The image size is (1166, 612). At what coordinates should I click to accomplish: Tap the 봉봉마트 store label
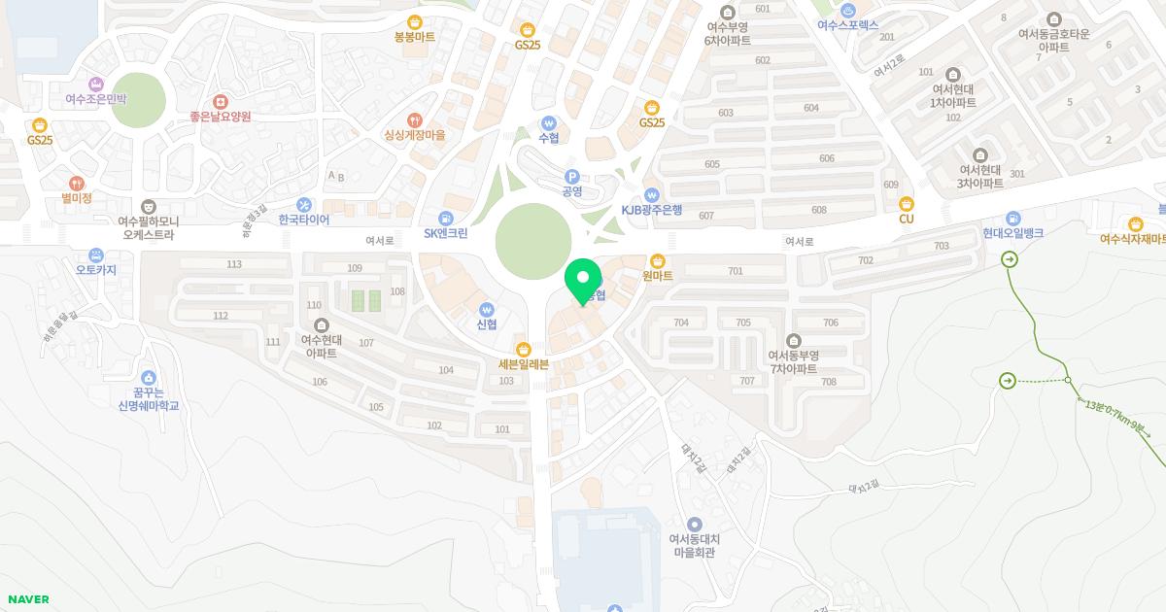(x=415, y=37)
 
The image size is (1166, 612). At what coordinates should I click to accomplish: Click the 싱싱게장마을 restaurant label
(x=415, y=135)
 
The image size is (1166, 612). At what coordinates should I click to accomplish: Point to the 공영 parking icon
(x=572, y=176)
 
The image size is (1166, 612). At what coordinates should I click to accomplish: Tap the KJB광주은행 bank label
(x=652, y=210)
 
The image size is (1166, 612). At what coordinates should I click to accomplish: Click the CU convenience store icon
(x=907, y=203)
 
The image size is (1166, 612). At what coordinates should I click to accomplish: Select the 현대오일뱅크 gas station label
(x=1012, y=233)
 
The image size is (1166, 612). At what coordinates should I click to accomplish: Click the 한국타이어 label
(x=304, y=220)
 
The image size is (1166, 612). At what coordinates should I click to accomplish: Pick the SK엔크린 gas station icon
(x=445, y=218)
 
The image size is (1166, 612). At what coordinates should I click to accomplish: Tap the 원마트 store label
(x=658, y=276)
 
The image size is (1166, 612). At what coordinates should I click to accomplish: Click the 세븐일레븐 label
(x=524, y=364)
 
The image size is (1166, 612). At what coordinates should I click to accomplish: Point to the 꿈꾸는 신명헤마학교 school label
(x=149, y=398)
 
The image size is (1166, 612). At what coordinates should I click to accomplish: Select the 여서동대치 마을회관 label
(x=694, y=546)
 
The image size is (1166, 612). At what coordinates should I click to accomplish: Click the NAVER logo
(x=27, y=599)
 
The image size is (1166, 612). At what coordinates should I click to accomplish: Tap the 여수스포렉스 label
(x=847, y=25)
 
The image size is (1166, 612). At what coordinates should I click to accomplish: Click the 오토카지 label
(x=95, y=270)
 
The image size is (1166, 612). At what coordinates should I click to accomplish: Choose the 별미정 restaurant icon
(x=76, y=183)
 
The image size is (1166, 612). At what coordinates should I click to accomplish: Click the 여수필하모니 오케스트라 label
(x=148, y=227)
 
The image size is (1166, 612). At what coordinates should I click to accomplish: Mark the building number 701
(x=735, y=271)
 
